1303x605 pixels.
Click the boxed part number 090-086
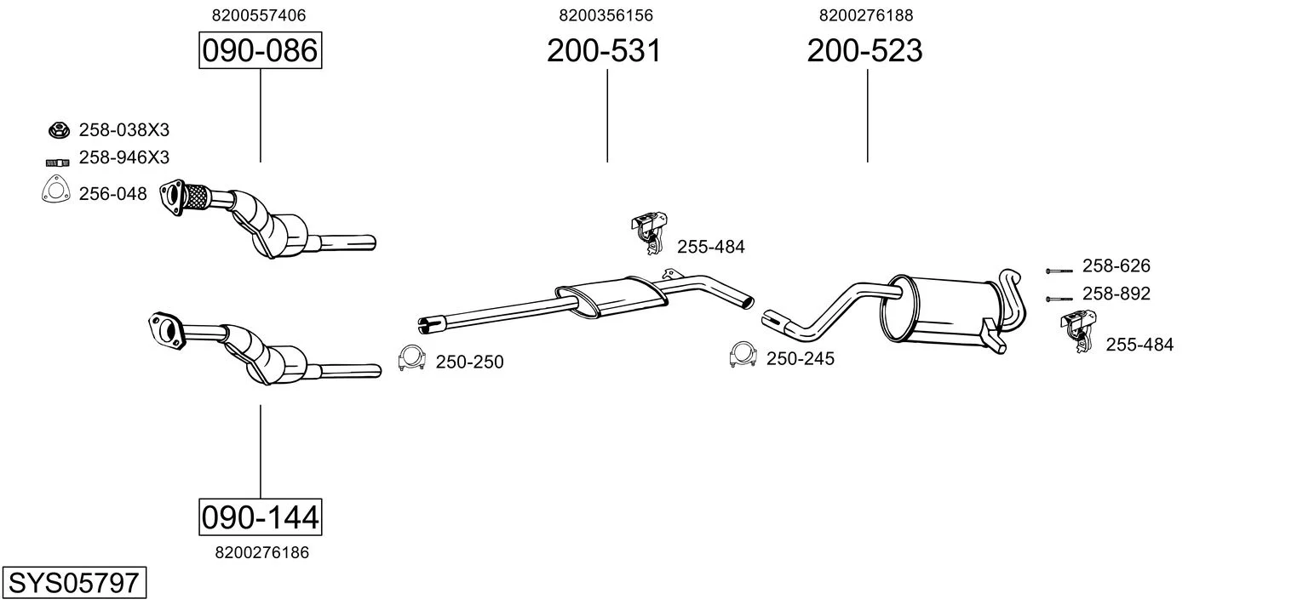[x=260, y=50]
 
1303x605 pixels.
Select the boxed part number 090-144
[x=260, y=517]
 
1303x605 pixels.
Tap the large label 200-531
[x=604, y=50]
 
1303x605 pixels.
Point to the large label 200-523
[x=864, y=50]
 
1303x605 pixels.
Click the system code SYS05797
[x=74, y=582]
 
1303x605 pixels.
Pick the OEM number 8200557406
[x=258, y=15]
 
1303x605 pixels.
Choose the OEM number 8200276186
[x=261, y=552]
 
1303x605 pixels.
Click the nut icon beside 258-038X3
[x=59, y=130]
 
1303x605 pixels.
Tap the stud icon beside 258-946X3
[x=57, y=163]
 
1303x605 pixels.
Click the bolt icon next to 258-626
[x=1059, y=271]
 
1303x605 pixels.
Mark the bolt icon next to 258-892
[x=1059, y=299]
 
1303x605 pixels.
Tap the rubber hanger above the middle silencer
[x=649, y=233]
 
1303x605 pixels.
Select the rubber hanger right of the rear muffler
[x=1078, y=331]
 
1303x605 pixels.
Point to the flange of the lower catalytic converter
[x=166, y=331]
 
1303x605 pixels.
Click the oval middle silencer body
[x=611, y=296]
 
